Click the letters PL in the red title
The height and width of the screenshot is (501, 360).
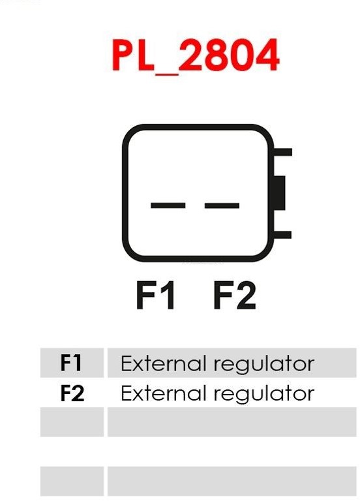(134, 55)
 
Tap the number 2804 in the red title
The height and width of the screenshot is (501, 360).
(229, 55)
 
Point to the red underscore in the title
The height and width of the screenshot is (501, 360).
(166, 74)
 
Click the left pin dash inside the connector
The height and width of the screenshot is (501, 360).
(168, 205)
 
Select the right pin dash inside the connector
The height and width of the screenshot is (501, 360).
(222, 205)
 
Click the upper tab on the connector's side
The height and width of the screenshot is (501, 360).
(283, 152)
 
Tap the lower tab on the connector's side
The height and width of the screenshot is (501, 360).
(282, 235)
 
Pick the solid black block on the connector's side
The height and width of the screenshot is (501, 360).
(280, 192)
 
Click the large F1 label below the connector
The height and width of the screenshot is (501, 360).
(155, 295)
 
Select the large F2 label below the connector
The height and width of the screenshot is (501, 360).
(235, 295)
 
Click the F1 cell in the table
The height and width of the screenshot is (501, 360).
(72, 363)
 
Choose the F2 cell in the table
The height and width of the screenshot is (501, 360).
(72, 393)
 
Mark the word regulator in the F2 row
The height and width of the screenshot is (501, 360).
(264, 395)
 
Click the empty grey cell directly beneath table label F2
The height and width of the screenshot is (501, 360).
(72, 422)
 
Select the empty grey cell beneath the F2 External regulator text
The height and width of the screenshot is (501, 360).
(232, 422)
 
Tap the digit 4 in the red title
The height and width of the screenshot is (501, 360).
(267, 55)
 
